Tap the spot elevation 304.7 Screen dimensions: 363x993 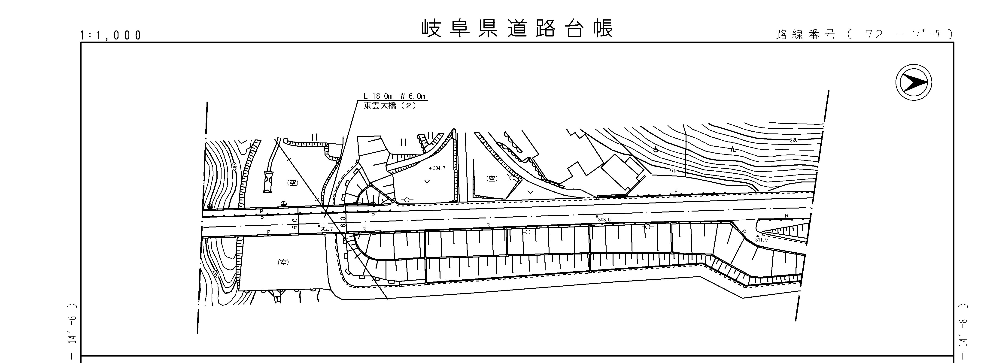click(439, 168)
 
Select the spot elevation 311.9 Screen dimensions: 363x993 click(761, 240)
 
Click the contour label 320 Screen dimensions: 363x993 click(794, 140)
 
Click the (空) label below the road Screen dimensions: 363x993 click(283, 262)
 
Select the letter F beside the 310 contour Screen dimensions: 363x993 click(676, 191)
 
